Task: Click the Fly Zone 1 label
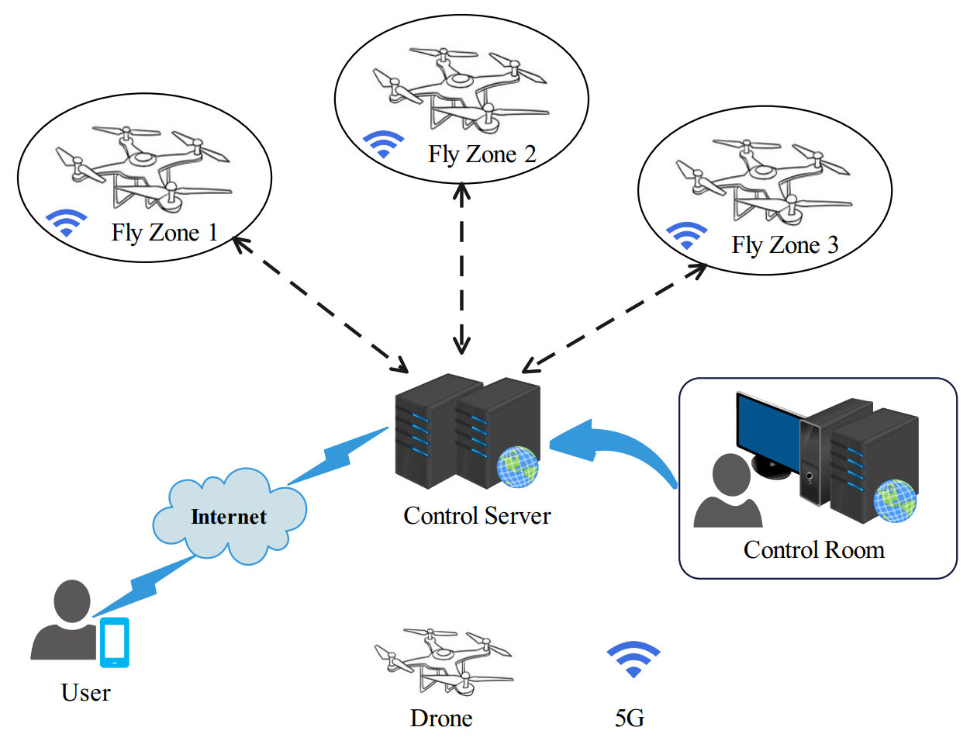(164, 233)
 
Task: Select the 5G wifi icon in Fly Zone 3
(687, 235)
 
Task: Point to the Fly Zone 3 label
(785, 245)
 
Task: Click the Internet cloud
(229, 516)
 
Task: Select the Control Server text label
(477, 516)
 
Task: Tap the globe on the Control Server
(517, 467)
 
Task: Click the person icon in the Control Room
(728, 493)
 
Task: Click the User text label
(85, 693)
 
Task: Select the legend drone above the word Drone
(442, 660)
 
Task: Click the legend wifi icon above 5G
(633, 660)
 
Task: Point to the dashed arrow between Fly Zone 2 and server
(462, 268)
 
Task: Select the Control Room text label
(813, 550)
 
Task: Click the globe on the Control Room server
(894, 500)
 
